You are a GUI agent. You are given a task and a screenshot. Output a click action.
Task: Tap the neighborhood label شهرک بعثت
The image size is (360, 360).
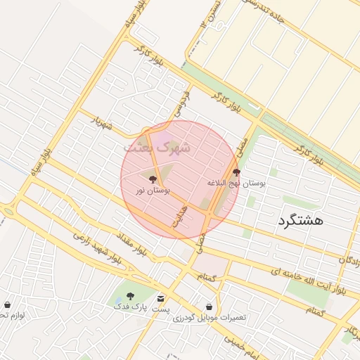pos(157,148)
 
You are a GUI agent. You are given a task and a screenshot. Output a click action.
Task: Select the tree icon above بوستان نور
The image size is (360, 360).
pos(153,180)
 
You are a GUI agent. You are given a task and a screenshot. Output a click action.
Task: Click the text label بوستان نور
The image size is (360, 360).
pos(153,191)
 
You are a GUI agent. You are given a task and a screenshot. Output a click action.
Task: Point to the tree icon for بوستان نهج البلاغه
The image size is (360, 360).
pos(236,172)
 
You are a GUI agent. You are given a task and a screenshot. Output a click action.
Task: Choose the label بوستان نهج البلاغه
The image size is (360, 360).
pos(236,183)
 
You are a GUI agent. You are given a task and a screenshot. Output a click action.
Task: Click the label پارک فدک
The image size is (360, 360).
pos(129,307)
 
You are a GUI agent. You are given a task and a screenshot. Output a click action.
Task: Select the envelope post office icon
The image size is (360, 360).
pos(161,298)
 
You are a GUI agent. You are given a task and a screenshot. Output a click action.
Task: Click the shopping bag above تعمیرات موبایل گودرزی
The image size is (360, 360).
pos(209,307)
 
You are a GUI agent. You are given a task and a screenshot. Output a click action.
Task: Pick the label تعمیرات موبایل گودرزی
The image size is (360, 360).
pos(210,318)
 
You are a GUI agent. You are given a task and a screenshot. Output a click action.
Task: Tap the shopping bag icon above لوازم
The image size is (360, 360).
pos(7,304)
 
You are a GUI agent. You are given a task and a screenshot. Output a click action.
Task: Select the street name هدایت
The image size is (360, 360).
pos(180,217)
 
